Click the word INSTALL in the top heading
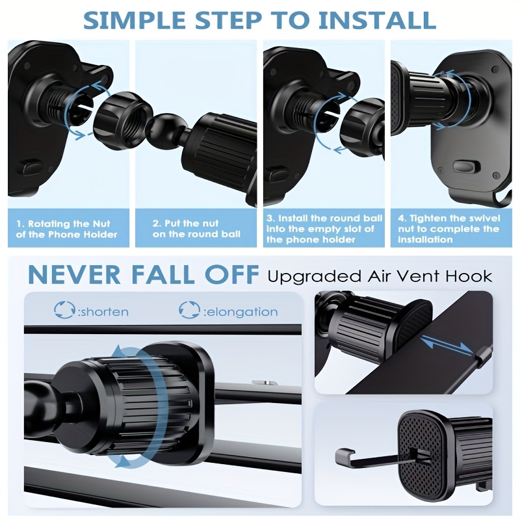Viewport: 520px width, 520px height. click(377, 20)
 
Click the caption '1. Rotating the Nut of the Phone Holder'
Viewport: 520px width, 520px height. click(66, 229)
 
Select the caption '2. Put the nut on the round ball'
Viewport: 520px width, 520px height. click(196, 229)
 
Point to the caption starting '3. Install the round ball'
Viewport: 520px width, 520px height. click(324, 229)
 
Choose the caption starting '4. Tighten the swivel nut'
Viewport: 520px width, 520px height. click(449, 229)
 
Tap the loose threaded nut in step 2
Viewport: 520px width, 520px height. click(122, 119)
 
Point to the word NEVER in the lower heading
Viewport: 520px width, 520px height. click(74, 274)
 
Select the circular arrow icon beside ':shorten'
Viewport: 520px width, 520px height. click(64, 310)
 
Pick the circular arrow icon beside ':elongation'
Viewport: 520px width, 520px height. click(189, 310)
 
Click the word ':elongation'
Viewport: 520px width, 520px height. click(240, 312)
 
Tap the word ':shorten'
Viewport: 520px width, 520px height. click(103, 312)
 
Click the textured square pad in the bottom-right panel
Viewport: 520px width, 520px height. click(421, 454)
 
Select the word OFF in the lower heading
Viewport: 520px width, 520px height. click(226, 274)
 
